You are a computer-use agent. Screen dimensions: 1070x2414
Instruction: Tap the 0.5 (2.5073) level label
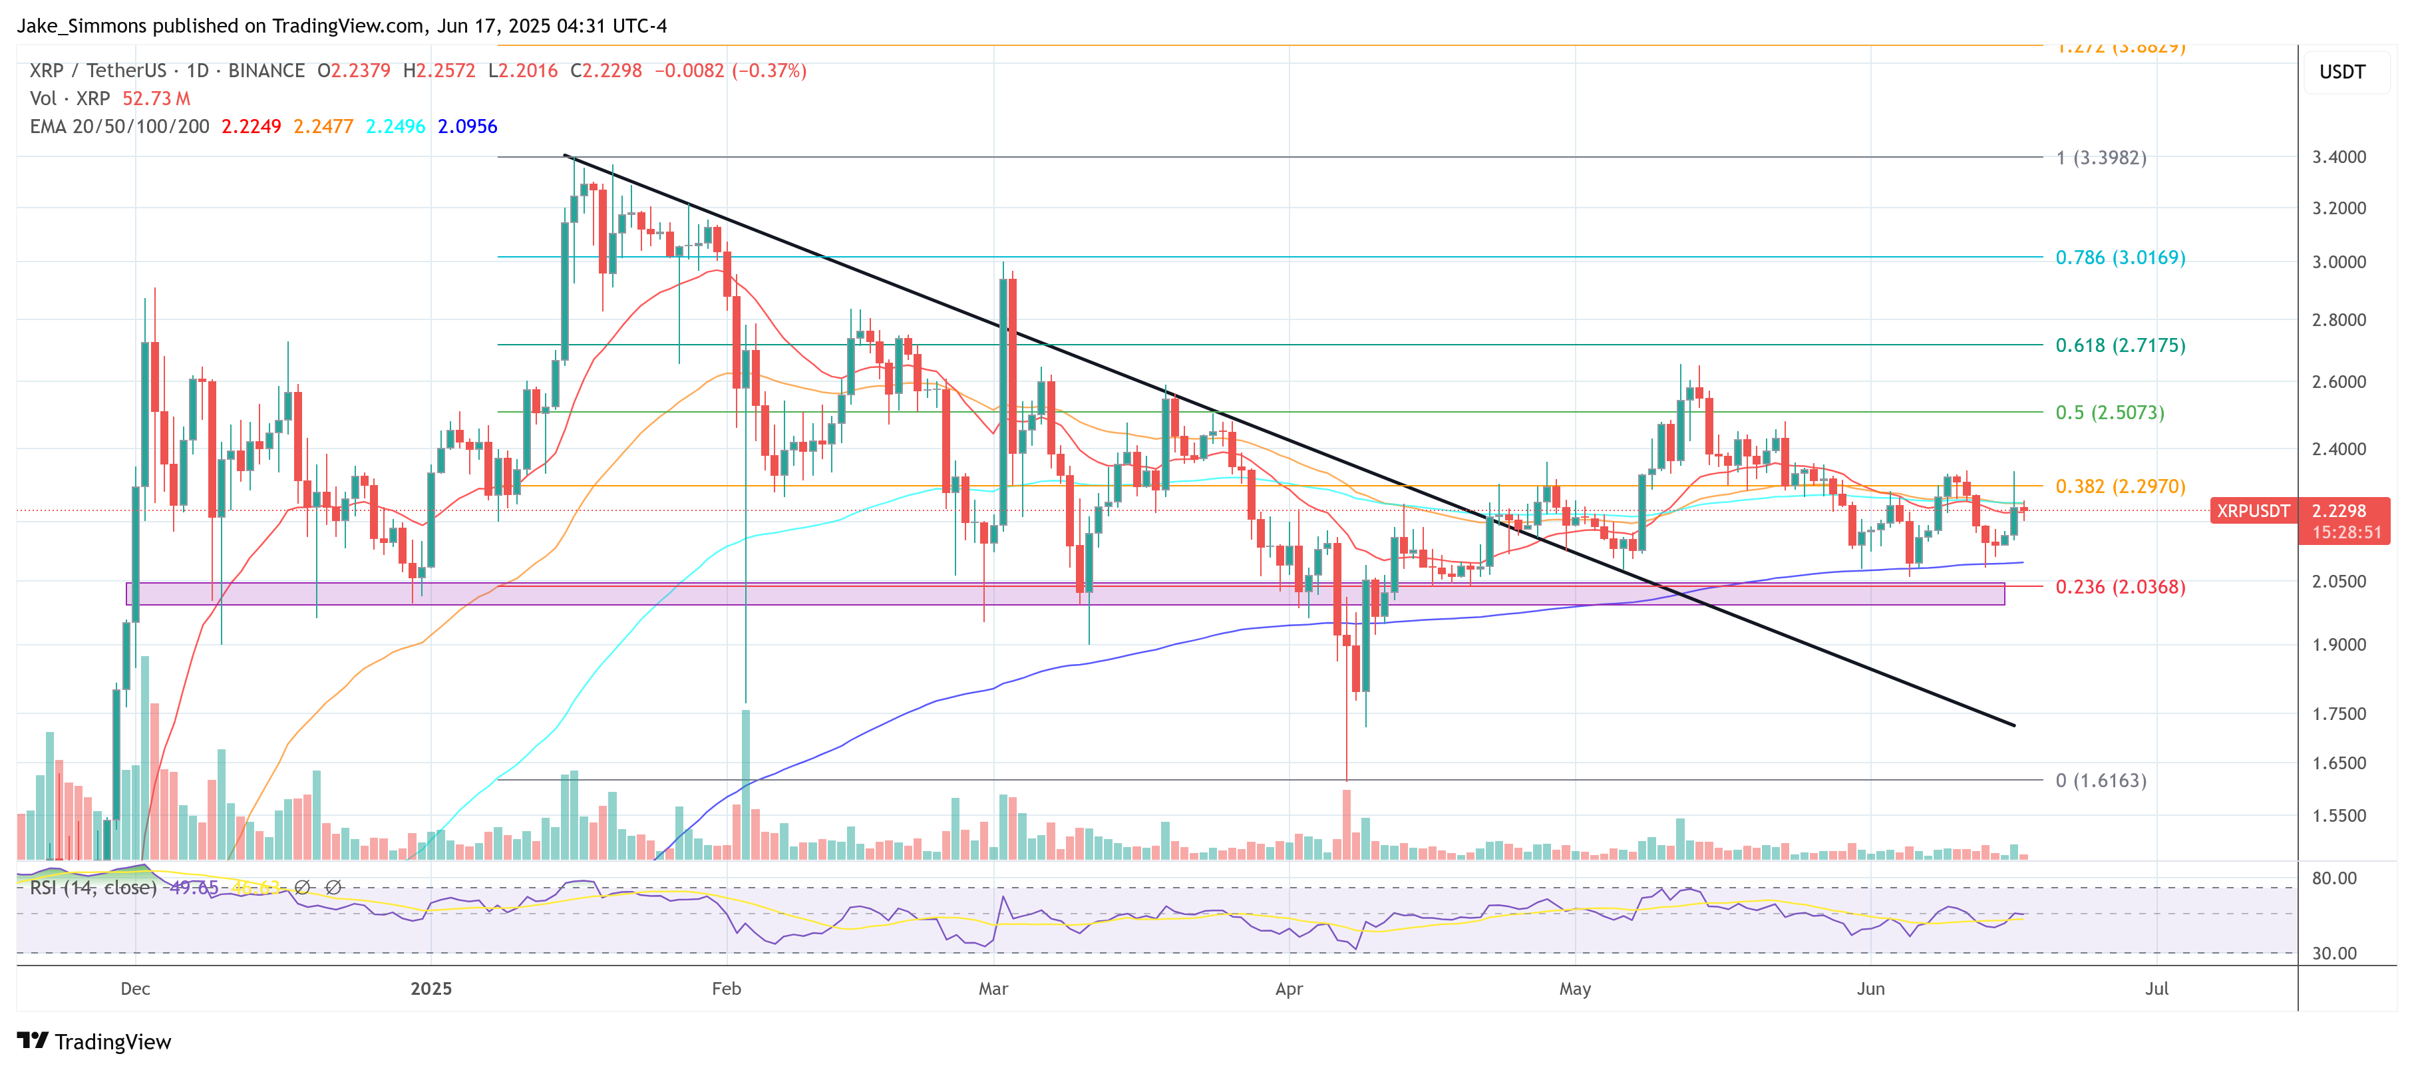pos(2109,413)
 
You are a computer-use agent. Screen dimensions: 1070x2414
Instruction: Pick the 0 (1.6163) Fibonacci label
pos(2100,781)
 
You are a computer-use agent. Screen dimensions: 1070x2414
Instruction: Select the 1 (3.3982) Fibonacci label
pos(2100,158)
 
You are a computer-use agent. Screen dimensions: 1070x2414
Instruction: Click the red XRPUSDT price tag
pos(2252,510)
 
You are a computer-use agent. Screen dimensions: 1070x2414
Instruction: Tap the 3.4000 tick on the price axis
pos(2338,156)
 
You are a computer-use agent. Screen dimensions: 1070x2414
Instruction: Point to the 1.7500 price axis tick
pos(2338,714)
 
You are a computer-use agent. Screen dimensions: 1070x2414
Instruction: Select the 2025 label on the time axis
pos(431,988)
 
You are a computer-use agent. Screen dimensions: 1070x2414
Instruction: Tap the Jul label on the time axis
pos(2156,988)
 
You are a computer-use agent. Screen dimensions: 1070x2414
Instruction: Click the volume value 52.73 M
pos(156,98)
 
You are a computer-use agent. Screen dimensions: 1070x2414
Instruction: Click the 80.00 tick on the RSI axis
pos(2333,878)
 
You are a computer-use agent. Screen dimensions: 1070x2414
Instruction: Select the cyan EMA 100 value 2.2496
pos(395,126)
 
